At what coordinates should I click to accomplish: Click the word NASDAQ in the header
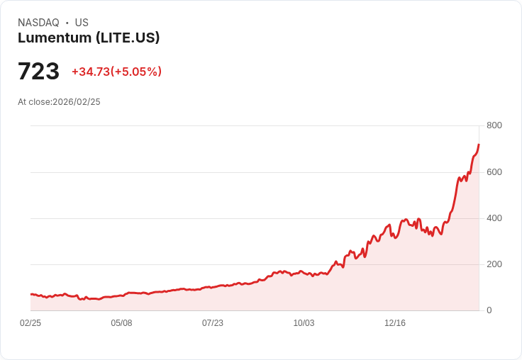click(38, 23)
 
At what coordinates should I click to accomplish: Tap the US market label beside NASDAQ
click(82, 23)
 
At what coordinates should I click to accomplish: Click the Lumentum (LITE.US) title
click(89, 38)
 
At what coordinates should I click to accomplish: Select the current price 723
click(38, 72)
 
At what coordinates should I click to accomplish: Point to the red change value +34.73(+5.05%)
click(116, 72)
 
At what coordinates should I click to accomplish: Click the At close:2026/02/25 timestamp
click(59, 102)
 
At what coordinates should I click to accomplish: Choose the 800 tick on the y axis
click(494, 125)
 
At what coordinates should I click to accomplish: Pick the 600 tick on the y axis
click(494, 172)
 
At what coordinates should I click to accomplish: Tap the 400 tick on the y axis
click(494, 218)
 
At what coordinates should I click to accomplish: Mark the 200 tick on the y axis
click(494, 264)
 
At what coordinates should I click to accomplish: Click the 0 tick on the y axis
click(489, 310)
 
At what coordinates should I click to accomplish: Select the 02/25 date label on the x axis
click(30, 323)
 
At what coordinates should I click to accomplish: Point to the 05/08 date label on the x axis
click(121, 323)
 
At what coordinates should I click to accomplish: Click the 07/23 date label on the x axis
click(213, 323)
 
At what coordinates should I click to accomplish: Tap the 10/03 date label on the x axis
click(304, 323)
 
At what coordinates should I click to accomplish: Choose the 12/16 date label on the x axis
click(395, 323)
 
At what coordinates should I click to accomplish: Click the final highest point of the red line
click(479, 145)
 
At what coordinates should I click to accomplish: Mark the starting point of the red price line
click(31, 294)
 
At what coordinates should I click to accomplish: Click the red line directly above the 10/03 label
click(304, 272)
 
